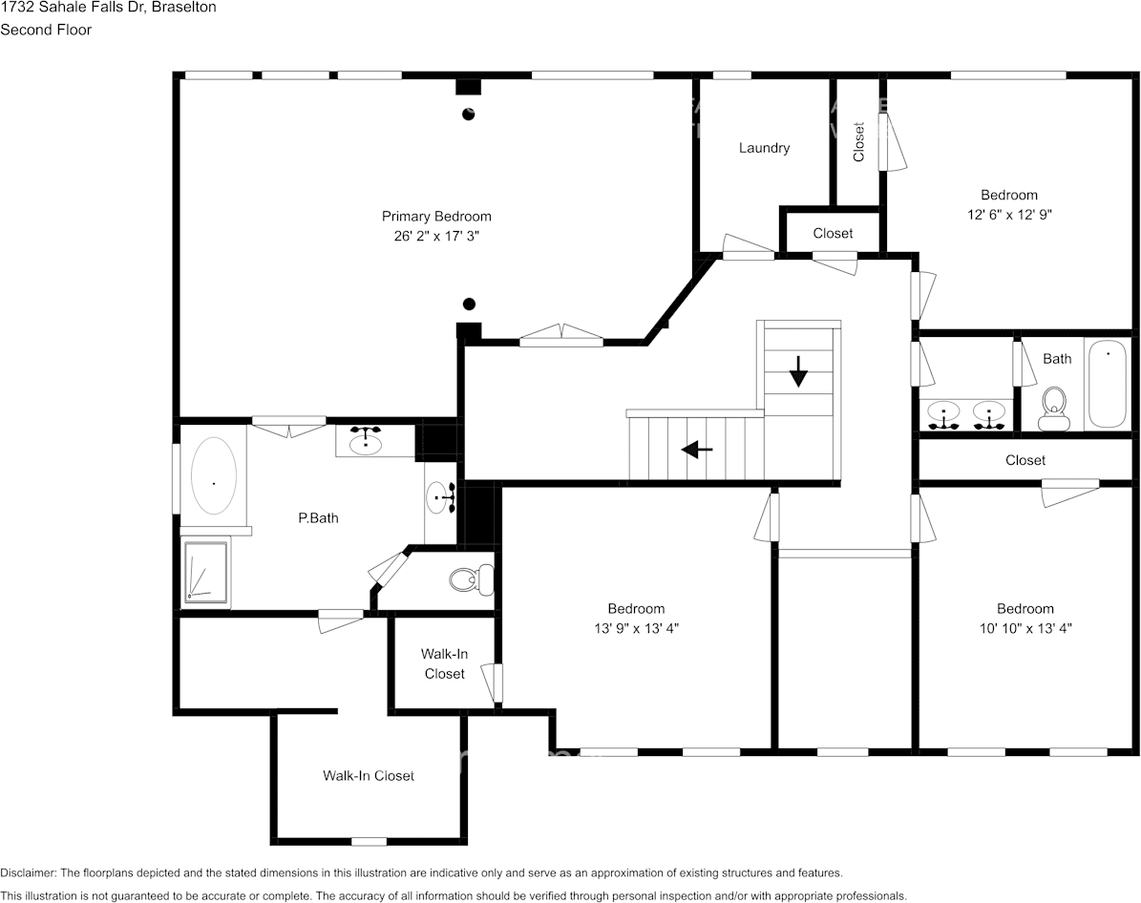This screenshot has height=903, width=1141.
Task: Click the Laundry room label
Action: pyautogui.click(x=764, y=148)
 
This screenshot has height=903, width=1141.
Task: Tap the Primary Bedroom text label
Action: pyautogui.click(x=436, y=216)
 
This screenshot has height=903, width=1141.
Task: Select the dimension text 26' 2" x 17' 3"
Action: pyautogui.click(x=436, y=236)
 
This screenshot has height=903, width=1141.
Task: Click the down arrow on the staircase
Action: pyautogui.click(x=798, y=370)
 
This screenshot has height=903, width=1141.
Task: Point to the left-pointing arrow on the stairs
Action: pyautogui.click(x=697, y=449)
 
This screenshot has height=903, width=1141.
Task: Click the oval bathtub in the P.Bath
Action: pyautogui.click(x=214, y=482)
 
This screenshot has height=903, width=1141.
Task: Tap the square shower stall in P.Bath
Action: pyautogui.click(x=206, y=573)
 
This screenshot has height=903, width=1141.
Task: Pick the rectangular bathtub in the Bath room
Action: pyautogui.click(x=1108, y=384)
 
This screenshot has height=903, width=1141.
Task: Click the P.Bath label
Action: pyautogui.click(x=318, y=518)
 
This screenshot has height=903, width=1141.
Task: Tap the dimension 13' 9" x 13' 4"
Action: pyautogui.click(x=636, y=628)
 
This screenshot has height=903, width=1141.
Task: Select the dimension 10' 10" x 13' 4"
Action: pyautogui.click(x=1025, y=628)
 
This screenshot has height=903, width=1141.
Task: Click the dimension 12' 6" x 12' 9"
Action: pyautogui.click(x=1009, y=215)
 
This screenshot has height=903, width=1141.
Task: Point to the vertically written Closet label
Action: pyautogui.click(x=858, y=141)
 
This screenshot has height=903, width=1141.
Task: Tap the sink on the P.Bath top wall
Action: pyautogui.click(x=366, y=441)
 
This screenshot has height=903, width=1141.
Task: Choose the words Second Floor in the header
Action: pyautogui.click(x=46, y=30)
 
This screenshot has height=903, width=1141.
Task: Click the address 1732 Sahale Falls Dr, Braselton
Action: pyautogui.click(x=108, y=8)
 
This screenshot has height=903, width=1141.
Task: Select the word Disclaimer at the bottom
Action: pyautogui.click(x=28, y=872)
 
